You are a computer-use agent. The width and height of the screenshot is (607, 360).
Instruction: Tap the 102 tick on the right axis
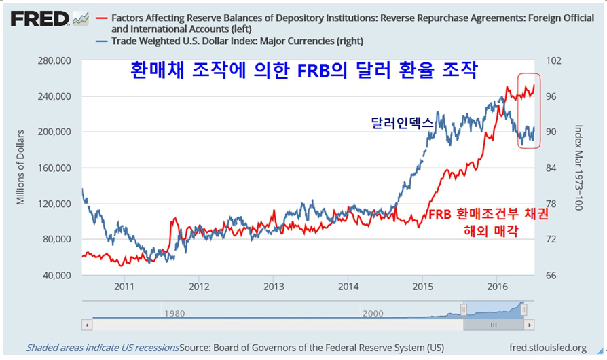pyautogui.click(x=555, y=60)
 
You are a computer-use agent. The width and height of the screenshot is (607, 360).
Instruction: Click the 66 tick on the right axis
pyautogui.click(x=552, y=275)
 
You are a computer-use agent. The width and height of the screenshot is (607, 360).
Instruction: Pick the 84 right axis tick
pyautogui.click(x=552, y=168)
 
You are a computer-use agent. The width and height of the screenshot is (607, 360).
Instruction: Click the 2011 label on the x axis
pyautogui.click(x=124, y=287)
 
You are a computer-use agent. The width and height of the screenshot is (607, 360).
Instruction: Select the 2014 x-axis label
pyautogui.click(x=348, y=287)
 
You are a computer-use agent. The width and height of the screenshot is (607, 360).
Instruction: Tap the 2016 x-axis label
pyautogui.click(x=497, y=287)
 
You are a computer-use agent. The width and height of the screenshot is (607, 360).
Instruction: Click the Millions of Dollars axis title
pyautogui.click(x=20, y=166)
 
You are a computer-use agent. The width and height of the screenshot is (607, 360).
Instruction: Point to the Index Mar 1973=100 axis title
pyautogui.click(x=578, y=167)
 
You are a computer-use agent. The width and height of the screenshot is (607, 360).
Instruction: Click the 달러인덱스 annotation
pyautogui.click(x=401, y=123)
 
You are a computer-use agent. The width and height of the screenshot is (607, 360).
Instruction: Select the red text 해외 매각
pyautogui.click(x=488, y=232)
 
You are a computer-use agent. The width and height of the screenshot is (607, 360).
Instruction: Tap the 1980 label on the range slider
pyautogui.click(x=174, y=313)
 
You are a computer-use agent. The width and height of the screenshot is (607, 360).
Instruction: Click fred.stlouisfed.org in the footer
pyautogui.click(x=547, y=348)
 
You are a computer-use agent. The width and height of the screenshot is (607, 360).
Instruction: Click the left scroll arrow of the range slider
pyautogui.click(x=86, y=325)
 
